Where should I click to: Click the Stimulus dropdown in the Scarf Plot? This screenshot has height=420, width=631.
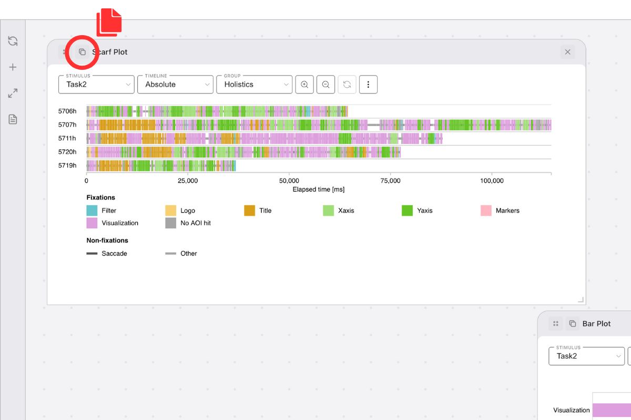tap(96, 84)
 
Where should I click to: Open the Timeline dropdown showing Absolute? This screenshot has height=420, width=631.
tap(175, 84)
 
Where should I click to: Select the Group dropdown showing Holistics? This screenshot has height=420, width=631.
tap(254, 84)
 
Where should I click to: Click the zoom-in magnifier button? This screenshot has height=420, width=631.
tap(304, 85)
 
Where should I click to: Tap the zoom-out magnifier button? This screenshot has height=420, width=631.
tap(325, 85)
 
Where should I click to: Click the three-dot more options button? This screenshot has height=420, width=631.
tap(368, 85)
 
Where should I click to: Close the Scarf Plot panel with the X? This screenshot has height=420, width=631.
tap(567, 52)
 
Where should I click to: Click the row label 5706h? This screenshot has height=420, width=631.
tap(67, 111)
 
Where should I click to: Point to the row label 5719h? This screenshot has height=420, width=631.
tap(67, 165)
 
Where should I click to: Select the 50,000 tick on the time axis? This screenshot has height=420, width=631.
tap(289, 181)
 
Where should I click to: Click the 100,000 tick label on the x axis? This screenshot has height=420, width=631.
tap(491, 181)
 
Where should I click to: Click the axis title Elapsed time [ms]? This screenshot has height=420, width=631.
tap(319, 189)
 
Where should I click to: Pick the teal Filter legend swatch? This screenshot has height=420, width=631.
tap(92, 211)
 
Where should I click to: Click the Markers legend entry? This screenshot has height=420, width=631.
tap(507, 211)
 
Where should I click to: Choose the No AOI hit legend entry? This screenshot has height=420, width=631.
tap(196, 223)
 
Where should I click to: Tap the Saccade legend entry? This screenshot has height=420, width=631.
tap(114, 254)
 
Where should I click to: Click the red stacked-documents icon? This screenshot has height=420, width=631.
tap(109, 23)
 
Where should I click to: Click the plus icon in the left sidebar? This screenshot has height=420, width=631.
tap(13, 67)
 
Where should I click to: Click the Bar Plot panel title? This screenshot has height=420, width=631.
tap(596, 324)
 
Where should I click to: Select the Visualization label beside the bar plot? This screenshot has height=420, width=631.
tap(572, 410)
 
